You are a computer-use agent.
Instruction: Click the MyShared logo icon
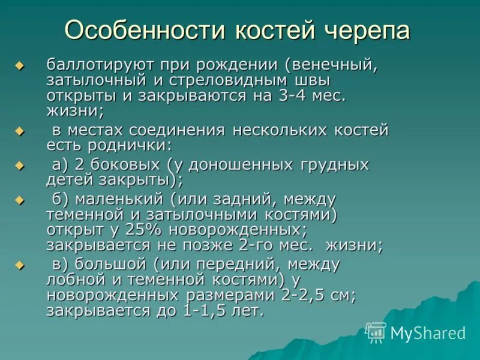pyautogui.click(x=376, y=332)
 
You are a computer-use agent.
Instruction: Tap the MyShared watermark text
pyautogui.click(x=428, y=333)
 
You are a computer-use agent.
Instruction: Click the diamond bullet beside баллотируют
pyautogui.click(x=20, y=65)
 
